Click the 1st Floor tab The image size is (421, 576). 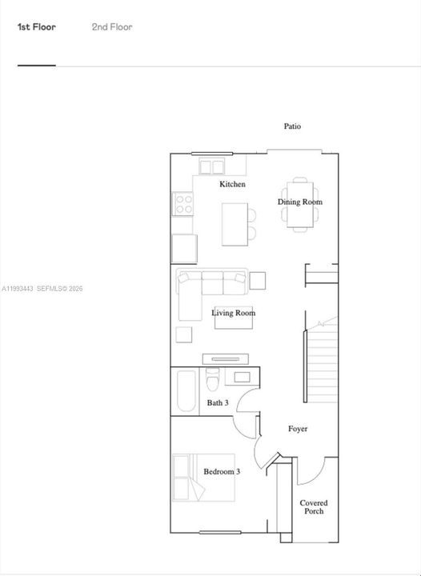(37, 27)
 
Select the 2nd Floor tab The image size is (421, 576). (112, 27)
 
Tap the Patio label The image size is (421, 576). (293, 126)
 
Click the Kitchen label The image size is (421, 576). (233, 185)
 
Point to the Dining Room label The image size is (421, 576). (300, 202)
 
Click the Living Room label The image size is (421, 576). (234, 313)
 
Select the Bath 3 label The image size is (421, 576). (218, 403)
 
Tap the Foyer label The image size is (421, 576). (298, 430)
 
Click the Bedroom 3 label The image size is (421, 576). (222, 472)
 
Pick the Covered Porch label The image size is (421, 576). (314, 507)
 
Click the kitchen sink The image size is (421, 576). (212, 166)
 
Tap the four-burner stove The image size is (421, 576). (183, 204)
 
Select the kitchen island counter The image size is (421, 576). (234, 224)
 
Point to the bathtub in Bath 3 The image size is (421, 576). (186, 391)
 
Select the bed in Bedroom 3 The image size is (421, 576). (191, 477)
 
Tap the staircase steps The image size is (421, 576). (323, 360)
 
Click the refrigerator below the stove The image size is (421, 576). (184, 248)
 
